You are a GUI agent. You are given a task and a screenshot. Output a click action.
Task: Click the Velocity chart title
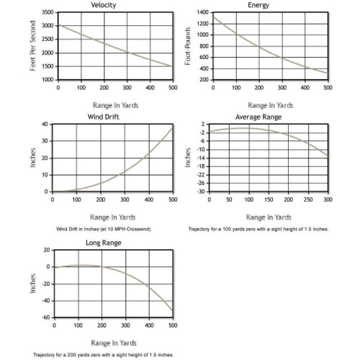[104, 5]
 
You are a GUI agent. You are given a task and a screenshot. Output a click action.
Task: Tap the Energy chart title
[258, 5]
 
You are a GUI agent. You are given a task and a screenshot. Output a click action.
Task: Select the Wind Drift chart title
[104, 117]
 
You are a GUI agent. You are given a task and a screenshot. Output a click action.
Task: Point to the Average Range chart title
[258, 117]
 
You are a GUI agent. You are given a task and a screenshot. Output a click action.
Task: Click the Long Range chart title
[104, 243]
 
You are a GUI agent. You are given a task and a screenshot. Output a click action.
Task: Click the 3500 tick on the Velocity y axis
[48, 12]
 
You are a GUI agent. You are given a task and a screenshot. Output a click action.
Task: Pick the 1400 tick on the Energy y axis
[203, 12]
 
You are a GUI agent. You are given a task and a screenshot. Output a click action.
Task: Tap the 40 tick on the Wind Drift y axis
[45, 124]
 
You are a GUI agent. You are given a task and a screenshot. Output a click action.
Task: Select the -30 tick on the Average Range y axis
[201, 192]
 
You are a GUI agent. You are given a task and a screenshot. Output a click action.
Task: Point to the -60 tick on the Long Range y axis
[46, 318]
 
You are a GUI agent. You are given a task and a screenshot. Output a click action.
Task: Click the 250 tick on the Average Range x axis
[308, 199]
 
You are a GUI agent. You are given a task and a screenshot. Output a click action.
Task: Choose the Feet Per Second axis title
[33, 45]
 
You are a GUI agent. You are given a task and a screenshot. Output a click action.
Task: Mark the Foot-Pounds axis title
[188, 46]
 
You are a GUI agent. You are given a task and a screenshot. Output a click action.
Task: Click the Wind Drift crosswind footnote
[104, 229]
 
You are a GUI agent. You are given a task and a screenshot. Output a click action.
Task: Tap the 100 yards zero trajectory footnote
[258, 229]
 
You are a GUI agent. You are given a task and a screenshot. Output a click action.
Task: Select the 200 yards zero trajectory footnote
[104, 355]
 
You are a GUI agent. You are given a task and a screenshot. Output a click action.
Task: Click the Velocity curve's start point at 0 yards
[58, 24]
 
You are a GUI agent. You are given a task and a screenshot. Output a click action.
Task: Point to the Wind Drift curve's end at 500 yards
[173, 128]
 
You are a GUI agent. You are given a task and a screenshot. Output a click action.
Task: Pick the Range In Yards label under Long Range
[114, 343]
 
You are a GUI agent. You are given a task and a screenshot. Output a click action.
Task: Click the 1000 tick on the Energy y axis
[203, 35]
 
